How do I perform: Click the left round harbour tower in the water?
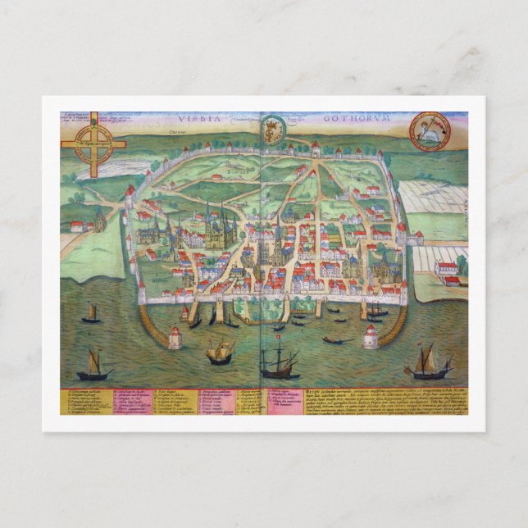pos(175,337)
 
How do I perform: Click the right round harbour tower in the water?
pos(371,336)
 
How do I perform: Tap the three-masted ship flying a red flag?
pos(279,360)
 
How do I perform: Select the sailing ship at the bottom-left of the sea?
pos(93,365)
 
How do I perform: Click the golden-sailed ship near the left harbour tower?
pos(220,353)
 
